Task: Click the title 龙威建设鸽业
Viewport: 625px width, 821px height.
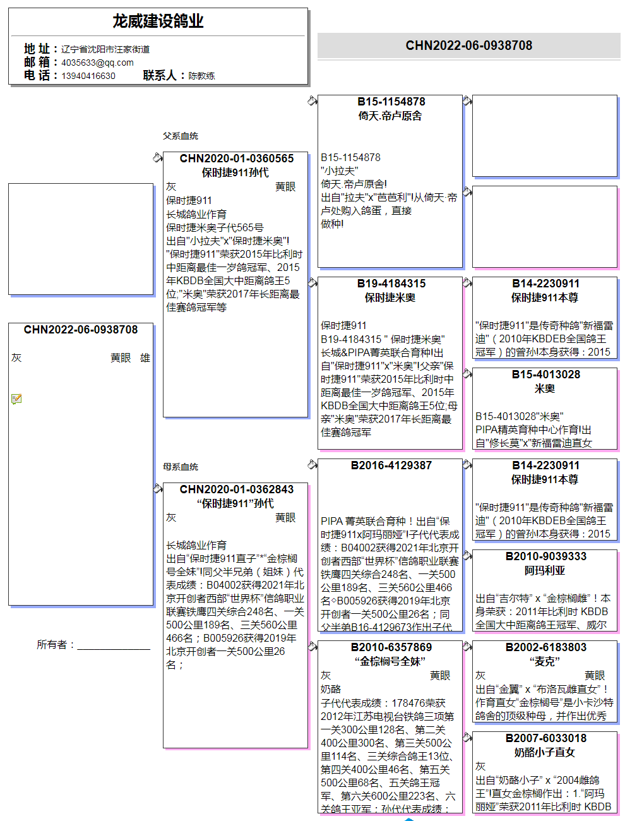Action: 158,21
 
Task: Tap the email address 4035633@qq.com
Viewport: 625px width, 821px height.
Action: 97,63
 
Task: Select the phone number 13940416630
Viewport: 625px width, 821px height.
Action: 88,76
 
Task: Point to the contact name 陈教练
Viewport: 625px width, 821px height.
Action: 201,76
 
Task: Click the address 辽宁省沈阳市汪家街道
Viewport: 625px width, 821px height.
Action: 105,49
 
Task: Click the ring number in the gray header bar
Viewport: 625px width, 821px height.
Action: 468,45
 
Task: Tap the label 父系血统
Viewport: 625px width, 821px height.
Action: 181,136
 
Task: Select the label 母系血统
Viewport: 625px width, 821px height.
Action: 181,467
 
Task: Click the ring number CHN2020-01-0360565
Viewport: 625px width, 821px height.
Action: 236,159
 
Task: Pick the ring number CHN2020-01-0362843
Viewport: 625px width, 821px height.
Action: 236,489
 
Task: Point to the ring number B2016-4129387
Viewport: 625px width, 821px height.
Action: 391,465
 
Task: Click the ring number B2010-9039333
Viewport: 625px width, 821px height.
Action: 545,556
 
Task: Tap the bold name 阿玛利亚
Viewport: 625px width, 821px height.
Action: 544,570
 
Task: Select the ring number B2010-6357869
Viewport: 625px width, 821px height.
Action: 391,647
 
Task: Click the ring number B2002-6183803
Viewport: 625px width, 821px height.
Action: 545,647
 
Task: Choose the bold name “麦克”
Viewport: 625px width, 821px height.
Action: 544,661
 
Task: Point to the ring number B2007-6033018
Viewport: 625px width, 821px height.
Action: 545,738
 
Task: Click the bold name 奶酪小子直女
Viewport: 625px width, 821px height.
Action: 544,752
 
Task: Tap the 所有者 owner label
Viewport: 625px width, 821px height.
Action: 56,645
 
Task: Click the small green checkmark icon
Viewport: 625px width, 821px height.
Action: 16,399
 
